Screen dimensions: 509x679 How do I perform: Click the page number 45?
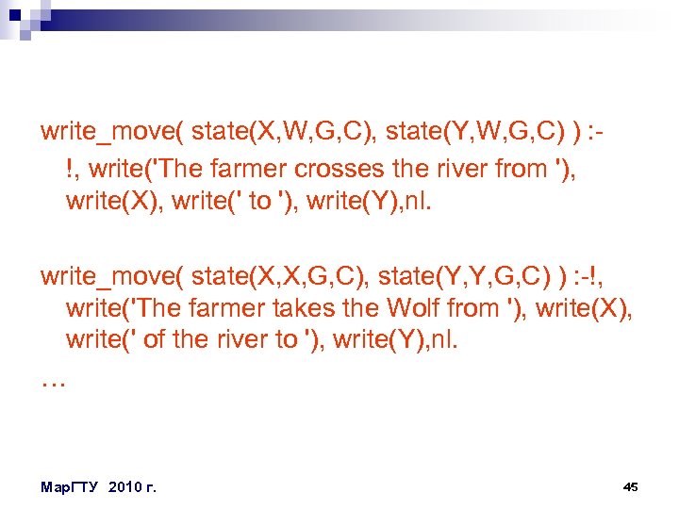pyautogui.click(x=631, y=486)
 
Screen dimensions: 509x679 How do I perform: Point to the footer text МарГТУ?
pyautogui.click(x=72, y=486)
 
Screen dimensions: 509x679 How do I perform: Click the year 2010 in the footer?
pyautogui.click(x=127, y=486)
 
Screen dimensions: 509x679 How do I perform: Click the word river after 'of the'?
pyautogui.click(x=240, y=340)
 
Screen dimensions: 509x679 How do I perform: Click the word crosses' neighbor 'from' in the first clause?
pyautogui.click(x=525, y=171)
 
